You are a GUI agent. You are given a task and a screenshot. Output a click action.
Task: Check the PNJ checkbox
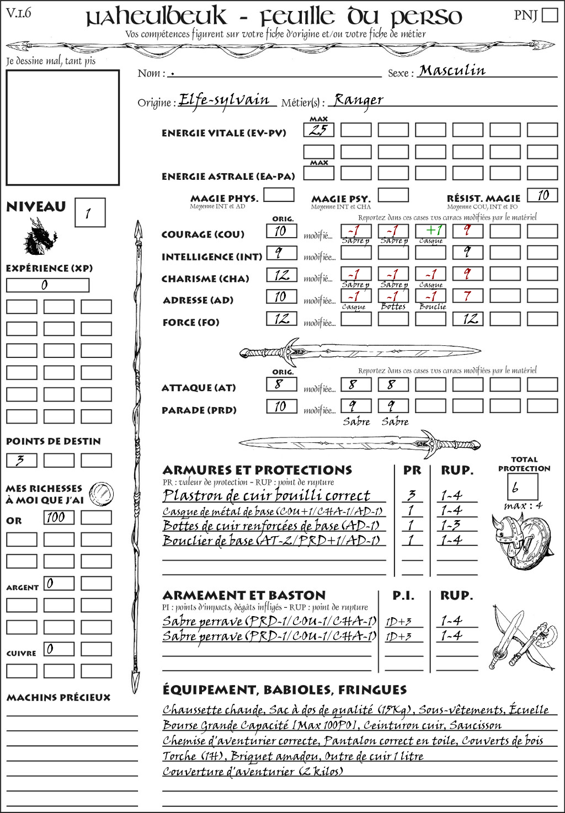click(550, 15)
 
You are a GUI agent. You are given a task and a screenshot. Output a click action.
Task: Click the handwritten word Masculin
click(452, 71)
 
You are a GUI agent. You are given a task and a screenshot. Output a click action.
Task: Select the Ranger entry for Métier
click(358, 100)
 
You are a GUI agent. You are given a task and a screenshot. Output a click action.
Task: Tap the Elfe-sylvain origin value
click(224, 100)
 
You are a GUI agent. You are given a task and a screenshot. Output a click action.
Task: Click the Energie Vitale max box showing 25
click(319, 130)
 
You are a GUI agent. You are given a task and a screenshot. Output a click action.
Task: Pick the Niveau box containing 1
click(90, 213)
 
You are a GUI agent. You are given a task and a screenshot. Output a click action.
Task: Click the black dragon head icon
click(40, 237)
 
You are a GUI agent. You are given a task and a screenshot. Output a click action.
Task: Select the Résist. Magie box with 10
click(542, 195)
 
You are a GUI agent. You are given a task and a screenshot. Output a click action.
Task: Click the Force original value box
click(281, 319)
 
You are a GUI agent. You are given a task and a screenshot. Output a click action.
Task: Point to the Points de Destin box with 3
click(22, 460)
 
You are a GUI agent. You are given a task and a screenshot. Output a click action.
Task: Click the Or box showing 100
click(58, 517)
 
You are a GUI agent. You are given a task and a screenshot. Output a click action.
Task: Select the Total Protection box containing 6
click(523, 487)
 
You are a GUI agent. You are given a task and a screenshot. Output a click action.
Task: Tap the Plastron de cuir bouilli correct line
click(266, 495)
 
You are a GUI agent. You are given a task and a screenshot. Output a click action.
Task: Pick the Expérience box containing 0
click(47, 285)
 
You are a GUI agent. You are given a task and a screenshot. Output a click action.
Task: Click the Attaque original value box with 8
click(281, 384)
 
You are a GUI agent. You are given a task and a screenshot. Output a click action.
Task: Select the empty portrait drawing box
click(63, 127)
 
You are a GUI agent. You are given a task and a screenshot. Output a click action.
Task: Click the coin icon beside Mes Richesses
click(102, 493)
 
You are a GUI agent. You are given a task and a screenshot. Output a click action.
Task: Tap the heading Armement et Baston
click(244, 595)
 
